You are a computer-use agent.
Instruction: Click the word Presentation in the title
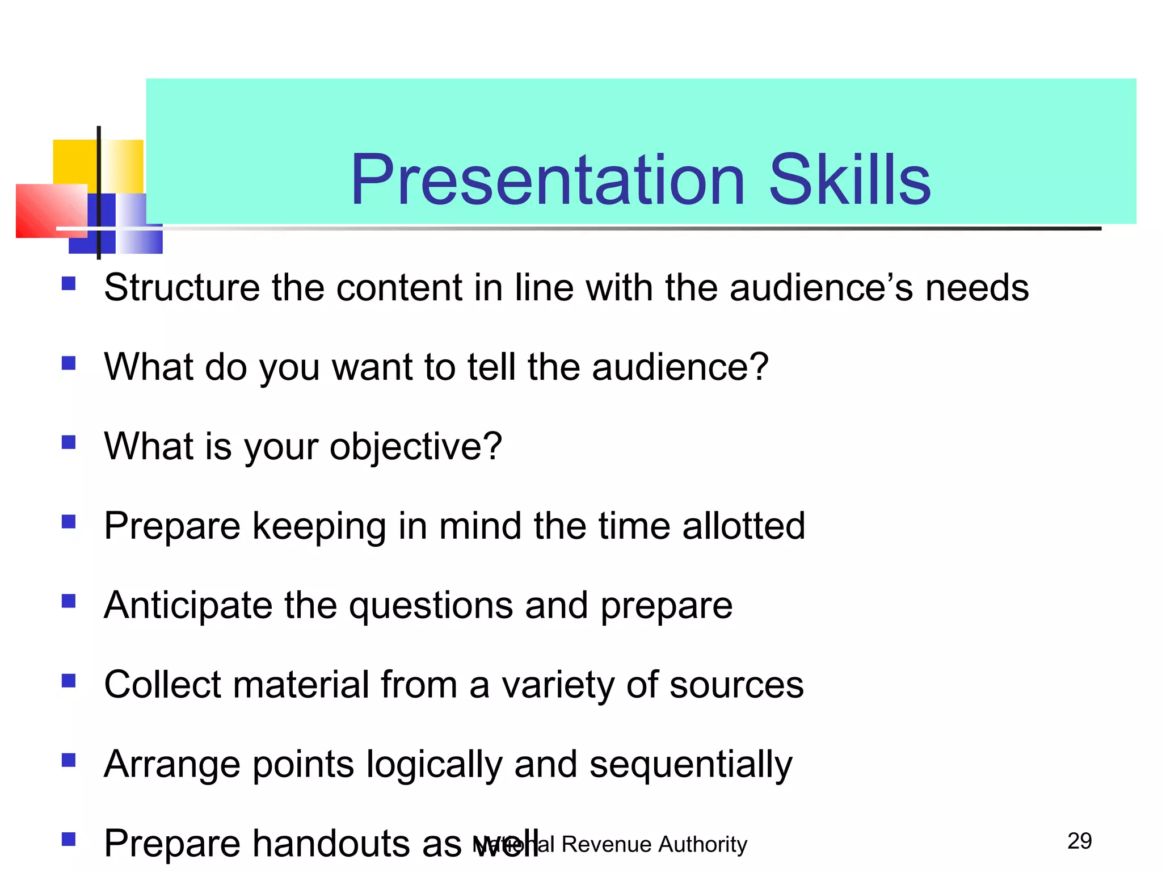tap(548, 181)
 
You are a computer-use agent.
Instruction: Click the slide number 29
tap(1079, 841)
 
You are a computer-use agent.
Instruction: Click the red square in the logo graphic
tap(48, 211)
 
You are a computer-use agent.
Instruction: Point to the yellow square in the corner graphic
tap(74, 161)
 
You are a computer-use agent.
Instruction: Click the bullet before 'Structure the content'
tap(69, 283)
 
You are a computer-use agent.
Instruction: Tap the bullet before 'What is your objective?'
tap(69, 442)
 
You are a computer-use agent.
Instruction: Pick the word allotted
tap(743, 526)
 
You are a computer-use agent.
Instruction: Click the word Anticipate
tap(188, 605)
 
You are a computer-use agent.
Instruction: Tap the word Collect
tap(162, 685)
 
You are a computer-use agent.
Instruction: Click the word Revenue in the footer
tap(604, 845)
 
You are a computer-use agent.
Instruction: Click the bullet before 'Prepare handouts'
tap(69, 839)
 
